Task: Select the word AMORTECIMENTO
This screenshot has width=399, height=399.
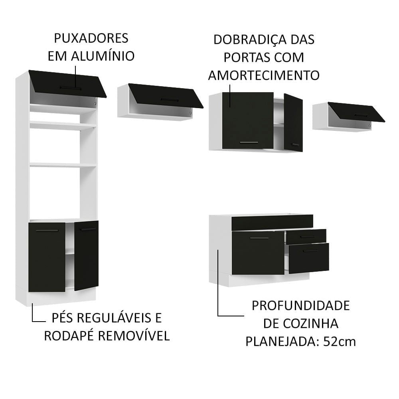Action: [264, 75]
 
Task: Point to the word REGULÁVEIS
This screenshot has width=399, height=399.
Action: [119, 318]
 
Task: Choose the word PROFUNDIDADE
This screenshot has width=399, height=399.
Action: [300, 306]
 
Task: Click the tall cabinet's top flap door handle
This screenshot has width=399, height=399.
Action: [70, 87]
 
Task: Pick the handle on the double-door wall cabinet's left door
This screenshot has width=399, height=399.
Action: [249, 142]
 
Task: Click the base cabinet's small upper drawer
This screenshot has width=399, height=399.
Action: [306, 236]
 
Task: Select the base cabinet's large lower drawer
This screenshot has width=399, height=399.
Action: [309, 258]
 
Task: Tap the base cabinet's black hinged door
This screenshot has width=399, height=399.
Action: [258, 253]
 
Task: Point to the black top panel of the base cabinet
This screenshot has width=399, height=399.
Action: [272, 222]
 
